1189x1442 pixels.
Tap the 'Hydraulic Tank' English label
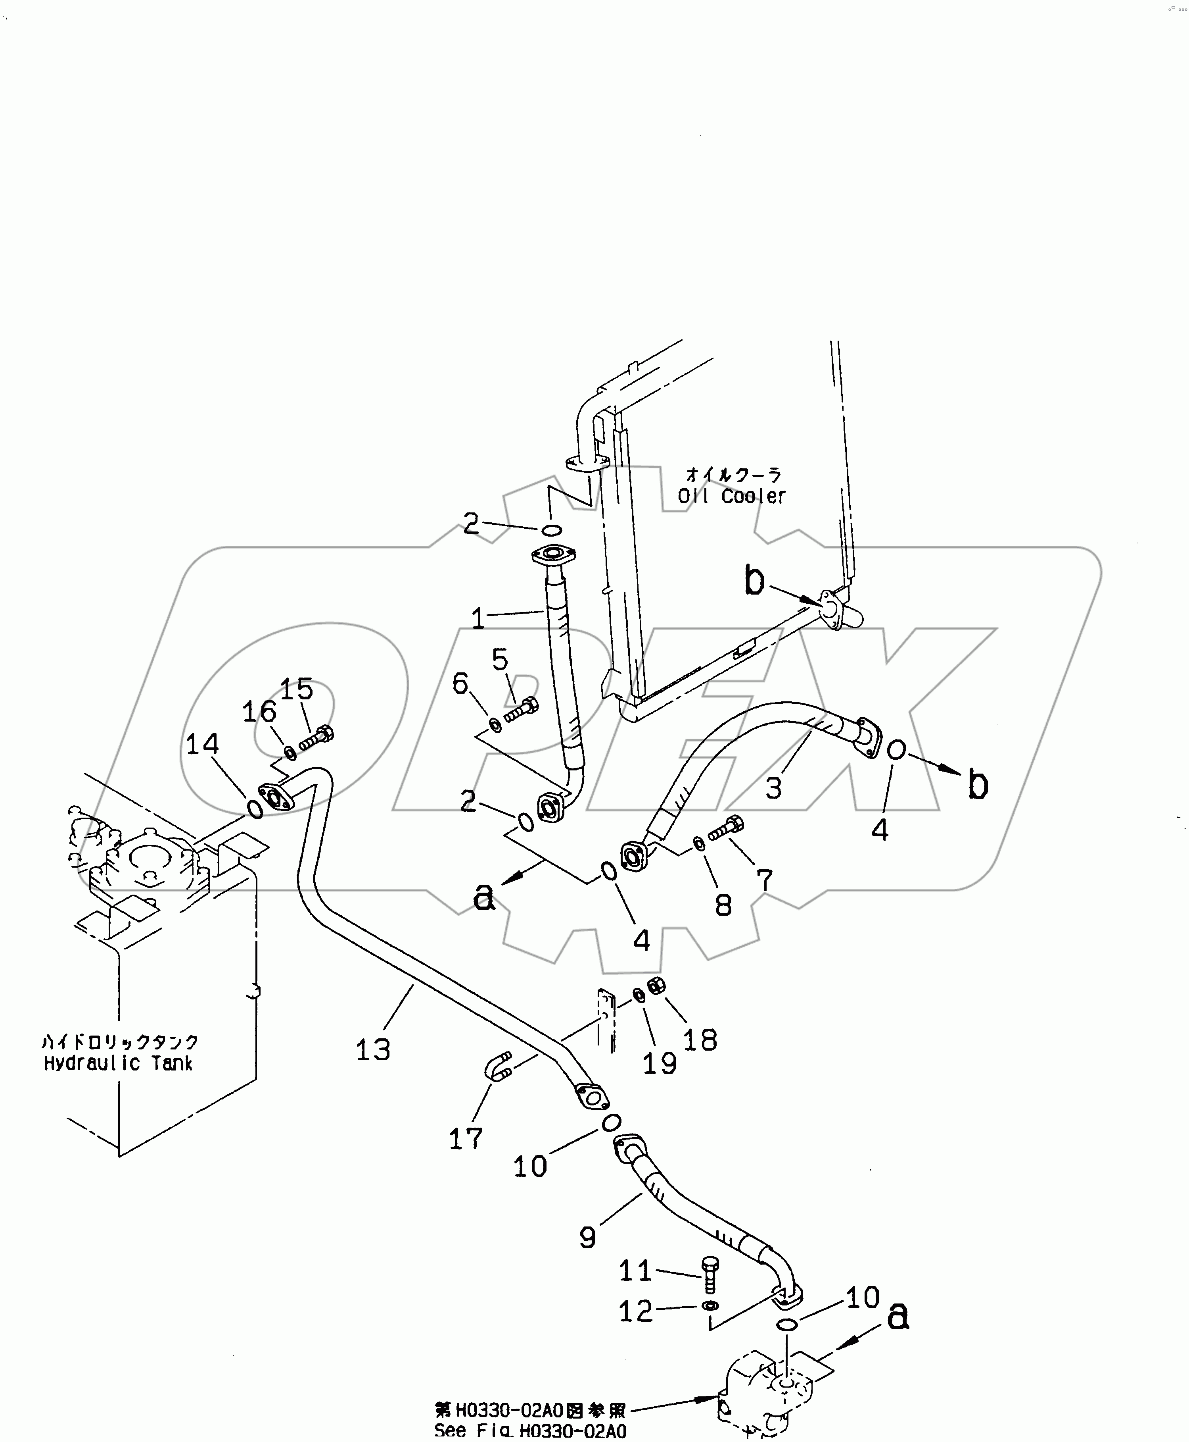(x=118, y=1064)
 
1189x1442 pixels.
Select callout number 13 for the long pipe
(x=373, y=1049)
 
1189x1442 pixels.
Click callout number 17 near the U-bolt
(x=466, y=1139)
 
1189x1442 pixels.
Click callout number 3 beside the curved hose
(x=774, y=788)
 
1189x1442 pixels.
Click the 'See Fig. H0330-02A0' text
(x=530, y=1430)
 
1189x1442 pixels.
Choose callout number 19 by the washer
(x=660, y=1063)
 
